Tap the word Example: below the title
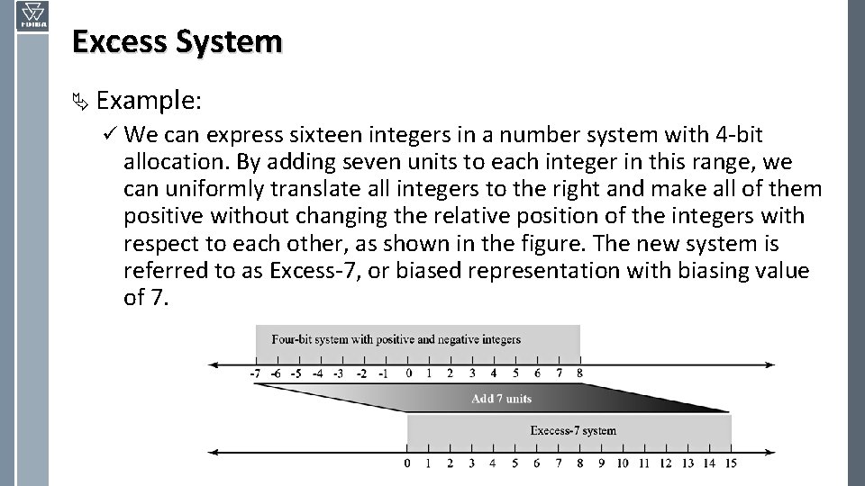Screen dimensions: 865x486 click(148, 101)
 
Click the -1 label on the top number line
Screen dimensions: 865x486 click(384, 373)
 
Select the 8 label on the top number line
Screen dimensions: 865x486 click(579, 373)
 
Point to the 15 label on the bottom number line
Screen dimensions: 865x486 click(730, 463)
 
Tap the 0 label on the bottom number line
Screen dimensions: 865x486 click(407, 463)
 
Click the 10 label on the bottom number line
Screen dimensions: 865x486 click(623, 463)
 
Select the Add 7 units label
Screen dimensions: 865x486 click(502, 399)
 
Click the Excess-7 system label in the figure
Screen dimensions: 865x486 click(573, 430)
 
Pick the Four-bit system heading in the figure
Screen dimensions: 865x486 click(396, 339)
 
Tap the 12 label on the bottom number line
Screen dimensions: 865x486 click(665, 463)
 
